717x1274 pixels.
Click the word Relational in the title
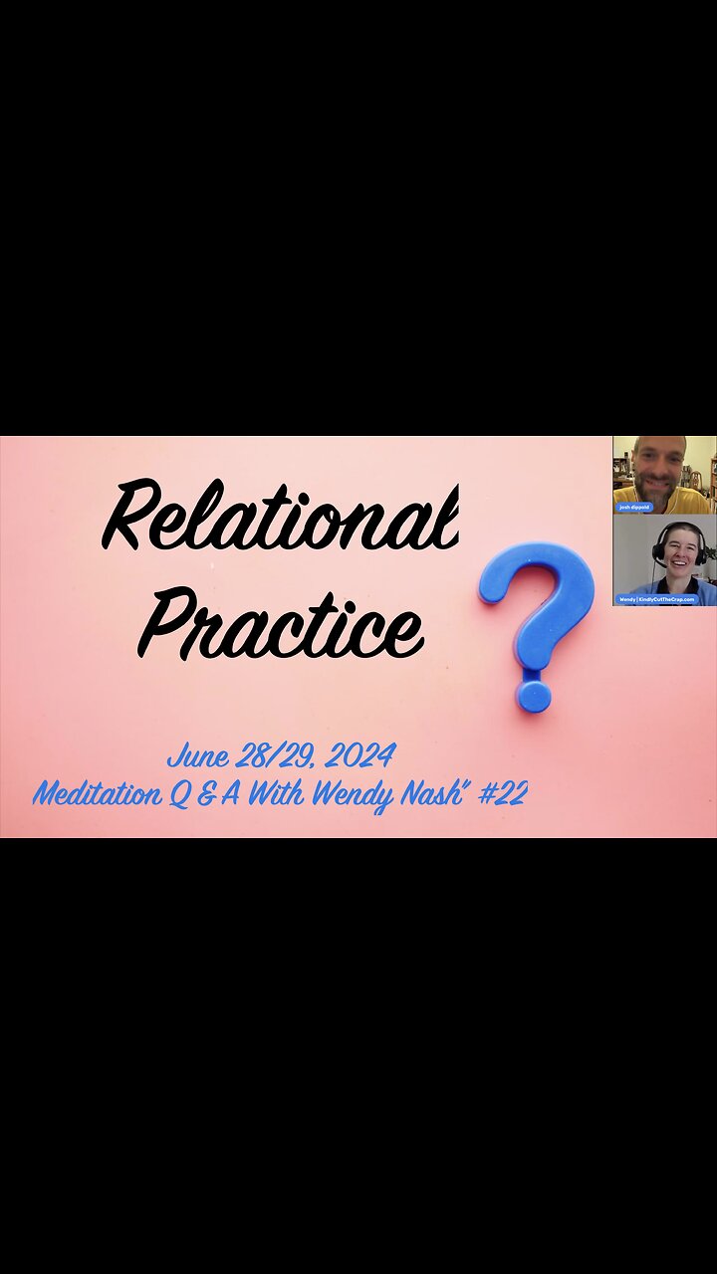tap(281, 516)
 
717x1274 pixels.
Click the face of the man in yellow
tap(659, 468)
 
